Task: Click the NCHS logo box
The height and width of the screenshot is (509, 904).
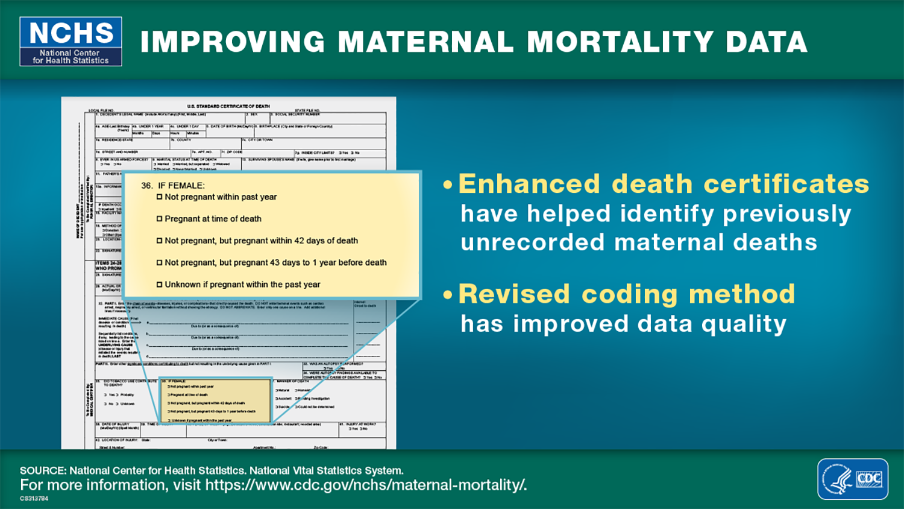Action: coord(71,41)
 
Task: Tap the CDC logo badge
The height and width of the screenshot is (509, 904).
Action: coord(852,479)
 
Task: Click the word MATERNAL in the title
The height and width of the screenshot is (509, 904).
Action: coord(425,42)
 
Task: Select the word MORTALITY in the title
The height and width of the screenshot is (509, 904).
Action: coord(620,42)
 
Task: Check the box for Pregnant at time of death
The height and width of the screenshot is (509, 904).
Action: coord(160,219)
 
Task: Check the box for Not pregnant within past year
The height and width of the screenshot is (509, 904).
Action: coord(160,197)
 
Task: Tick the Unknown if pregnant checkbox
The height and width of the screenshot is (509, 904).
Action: coord(160,285)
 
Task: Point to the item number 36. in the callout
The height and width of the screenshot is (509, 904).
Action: coord(147,186)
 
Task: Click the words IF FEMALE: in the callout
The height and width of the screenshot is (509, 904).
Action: coord(181,186)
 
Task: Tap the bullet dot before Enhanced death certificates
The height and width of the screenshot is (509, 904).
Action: coord(447,185)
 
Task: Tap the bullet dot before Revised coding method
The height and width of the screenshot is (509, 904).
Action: coord(447,295)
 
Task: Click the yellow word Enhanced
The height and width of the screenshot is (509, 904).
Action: coord(529,184)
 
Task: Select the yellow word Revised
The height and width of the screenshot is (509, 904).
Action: coord(514,294)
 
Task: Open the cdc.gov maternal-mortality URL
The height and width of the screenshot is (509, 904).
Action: coord(366,485)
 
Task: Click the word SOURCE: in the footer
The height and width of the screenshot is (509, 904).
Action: coord(43,470)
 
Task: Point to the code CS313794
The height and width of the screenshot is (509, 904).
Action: coord(34,499)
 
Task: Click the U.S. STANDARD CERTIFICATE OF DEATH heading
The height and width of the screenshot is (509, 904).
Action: coord(228,106)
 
